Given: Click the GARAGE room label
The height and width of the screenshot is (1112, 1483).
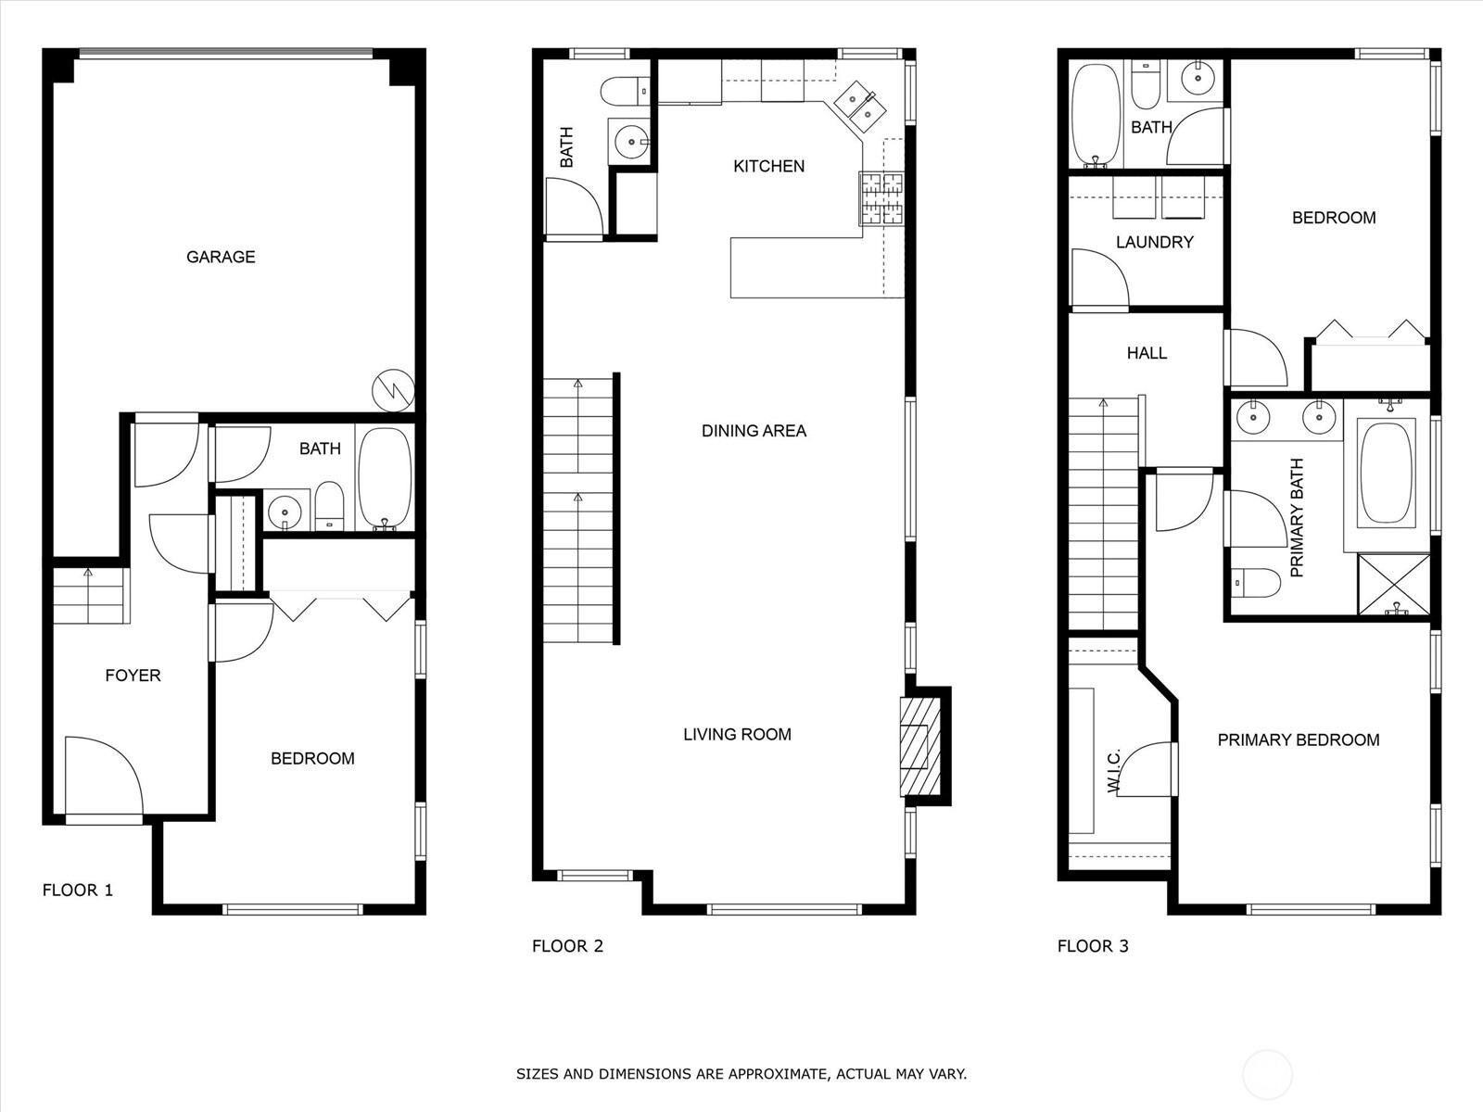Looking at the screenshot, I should tap(221, 257).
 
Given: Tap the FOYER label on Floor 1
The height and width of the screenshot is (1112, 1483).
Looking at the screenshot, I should tap(133, 676).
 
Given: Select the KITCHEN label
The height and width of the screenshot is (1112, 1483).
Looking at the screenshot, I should tap(768, 166).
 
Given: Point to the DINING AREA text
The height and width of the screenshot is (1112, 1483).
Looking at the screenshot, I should tap(754, 431).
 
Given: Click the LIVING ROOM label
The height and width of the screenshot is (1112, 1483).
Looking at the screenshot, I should tap(737, 735).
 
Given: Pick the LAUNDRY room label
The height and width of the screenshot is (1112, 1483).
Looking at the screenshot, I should tap(1154, 242).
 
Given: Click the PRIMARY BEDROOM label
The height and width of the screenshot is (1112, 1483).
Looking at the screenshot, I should tap(1298, 739).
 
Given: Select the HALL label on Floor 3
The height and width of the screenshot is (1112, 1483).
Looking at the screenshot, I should tap(1147, 353).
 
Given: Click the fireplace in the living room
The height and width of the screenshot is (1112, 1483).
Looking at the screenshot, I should tap(919, 746).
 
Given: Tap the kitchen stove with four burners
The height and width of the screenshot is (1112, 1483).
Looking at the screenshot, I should tap(881, 198).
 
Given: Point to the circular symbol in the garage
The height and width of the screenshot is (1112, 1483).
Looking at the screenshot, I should tap(393, 390).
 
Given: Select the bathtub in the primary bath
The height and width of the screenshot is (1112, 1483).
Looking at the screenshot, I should tap(1386, 473).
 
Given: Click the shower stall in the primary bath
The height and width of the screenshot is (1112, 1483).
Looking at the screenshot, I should tap(1393, 584).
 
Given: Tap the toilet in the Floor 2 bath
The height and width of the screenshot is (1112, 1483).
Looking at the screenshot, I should tap(624, 91).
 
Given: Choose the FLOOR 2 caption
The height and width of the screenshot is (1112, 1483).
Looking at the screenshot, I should tap(567, 946).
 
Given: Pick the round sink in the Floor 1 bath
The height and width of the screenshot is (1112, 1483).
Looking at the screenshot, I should tap(285, 510).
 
